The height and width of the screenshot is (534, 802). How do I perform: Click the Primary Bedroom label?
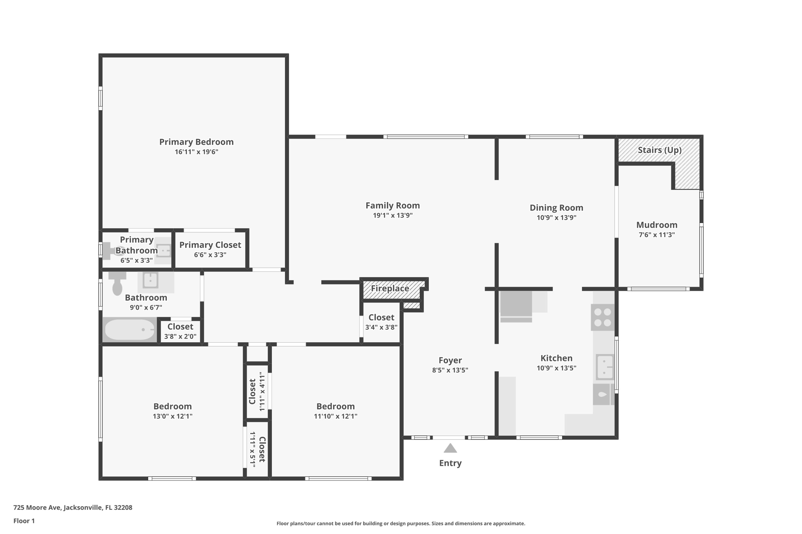(196, 142)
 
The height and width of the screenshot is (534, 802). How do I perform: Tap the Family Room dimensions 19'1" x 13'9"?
(393, 216)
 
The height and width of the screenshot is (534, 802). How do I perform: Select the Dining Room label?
(556, 208)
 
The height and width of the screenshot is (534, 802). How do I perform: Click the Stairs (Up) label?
(659, 150)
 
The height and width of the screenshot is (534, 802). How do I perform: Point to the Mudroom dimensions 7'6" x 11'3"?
(657, 235)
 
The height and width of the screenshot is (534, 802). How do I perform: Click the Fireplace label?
(390, 289)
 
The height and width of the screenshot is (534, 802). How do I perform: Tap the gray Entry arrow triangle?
(450, 448)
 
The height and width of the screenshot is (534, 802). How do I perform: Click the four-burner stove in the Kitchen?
(603, 317)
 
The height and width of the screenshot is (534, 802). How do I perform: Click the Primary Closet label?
(210, 245)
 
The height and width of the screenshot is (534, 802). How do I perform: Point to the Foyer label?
(450, 360)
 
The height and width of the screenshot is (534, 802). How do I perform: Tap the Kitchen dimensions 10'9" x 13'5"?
(556, 368)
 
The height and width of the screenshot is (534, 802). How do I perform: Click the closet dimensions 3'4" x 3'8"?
(381, 327)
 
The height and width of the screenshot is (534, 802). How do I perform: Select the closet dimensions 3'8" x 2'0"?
(180, 336)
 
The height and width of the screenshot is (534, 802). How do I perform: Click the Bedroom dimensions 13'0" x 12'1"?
(173, 416)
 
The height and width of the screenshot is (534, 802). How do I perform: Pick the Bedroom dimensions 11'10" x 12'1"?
(336, 416)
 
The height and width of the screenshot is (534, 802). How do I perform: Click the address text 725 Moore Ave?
(37, 507)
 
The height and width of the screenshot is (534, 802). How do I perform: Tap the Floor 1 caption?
(24, 521)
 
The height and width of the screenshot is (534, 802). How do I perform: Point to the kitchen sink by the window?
(605, 367)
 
